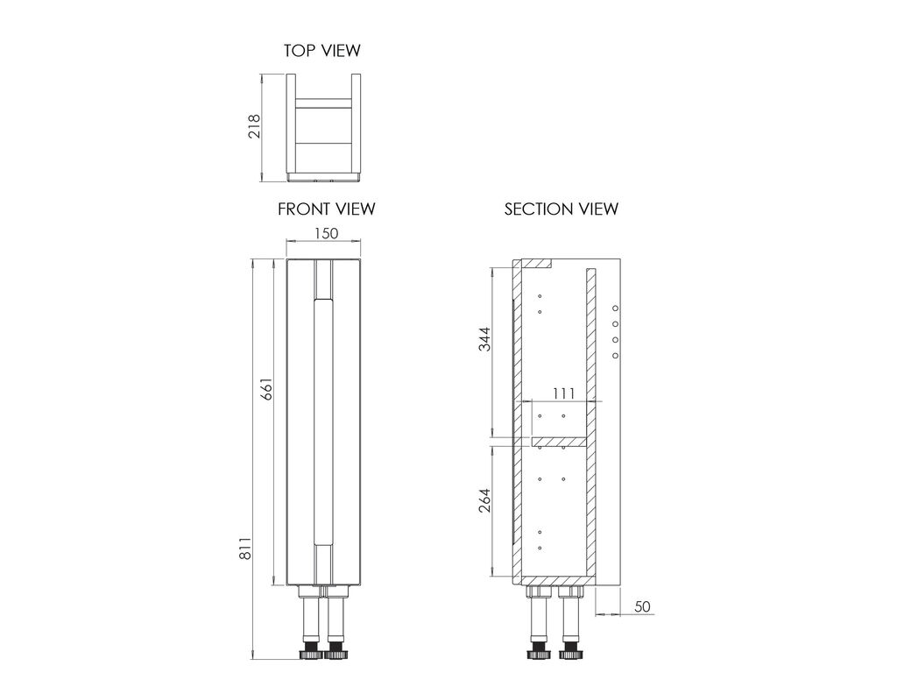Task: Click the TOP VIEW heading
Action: click(x=322, y=50)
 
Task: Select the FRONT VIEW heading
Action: click(x=326, y=209)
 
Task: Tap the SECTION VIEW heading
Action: click(x=562, y=209)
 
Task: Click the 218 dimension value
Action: click(x=255, y=126)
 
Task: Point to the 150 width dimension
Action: click(x=326, y=233)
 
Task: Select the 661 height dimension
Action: click(x=266, y=388)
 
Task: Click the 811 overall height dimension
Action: click(x=245, y=549)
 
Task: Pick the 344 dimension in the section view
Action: click(x=485, y=339)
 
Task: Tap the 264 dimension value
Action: click(x=485, y=500)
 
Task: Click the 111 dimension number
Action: click(x=563, y=393)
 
